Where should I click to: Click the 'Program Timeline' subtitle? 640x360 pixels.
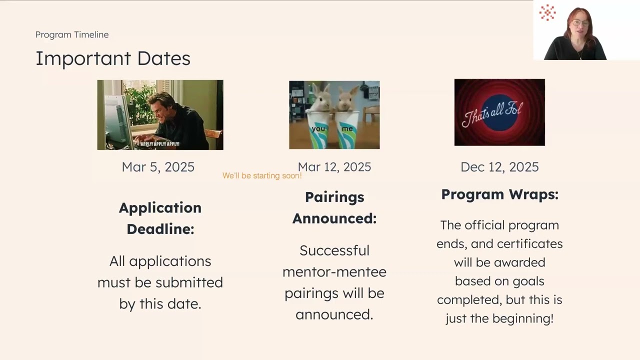72,34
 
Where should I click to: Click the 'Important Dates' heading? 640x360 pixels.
112,58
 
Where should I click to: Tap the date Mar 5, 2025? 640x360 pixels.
158,167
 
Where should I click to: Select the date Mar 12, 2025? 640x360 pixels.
334,167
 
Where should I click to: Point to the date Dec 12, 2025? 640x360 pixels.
499,167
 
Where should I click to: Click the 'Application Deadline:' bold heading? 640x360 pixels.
160,218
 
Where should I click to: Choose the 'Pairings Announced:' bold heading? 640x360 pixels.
334,207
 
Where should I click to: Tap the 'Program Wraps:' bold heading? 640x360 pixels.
499,194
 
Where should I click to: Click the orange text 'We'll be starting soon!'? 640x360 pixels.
262,176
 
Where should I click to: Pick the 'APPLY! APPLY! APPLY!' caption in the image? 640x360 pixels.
160,144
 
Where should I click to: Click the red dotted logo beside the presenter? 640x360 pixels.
547,12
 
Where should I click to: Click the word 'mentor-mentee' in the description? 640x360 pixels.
334,272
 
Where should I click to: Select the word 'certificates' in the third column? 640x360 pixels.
532,244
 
